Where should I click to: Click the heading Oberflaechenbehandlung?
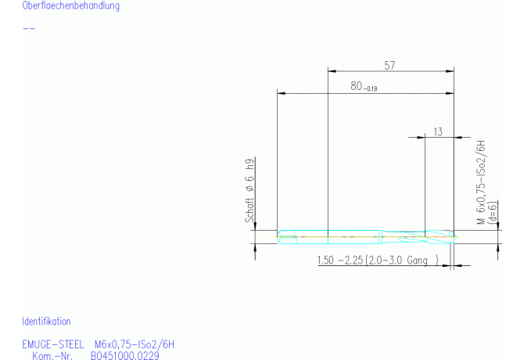71,6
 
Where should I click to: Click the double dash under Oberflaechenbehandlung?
29,28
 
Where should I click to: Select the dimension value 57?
389,66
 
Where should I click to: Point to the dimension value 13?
437,131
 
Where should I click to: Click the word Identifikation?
46,321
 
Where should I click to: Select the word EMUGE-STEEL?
53,344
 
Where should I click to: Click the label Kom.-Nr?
52,355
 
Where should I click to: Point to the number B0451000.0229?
125,355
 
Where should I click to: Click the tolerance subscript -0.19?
370,88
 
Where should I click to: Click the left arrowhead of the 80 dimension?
282,94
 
